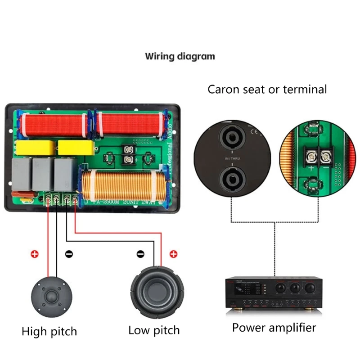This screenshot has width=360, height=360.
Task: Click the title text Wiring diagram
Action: click(x=180, y=57)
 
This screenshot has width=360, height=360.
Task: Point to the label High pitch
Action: click(x=49, y=332)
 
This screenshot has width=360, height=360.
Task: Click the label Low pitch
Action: click(x=154, y=330)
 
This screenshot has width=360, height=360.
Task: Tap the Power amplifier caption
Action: click(x=274, y=327)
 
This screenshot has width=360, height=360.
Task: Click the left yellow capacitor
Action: click(x=35, y=147)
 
